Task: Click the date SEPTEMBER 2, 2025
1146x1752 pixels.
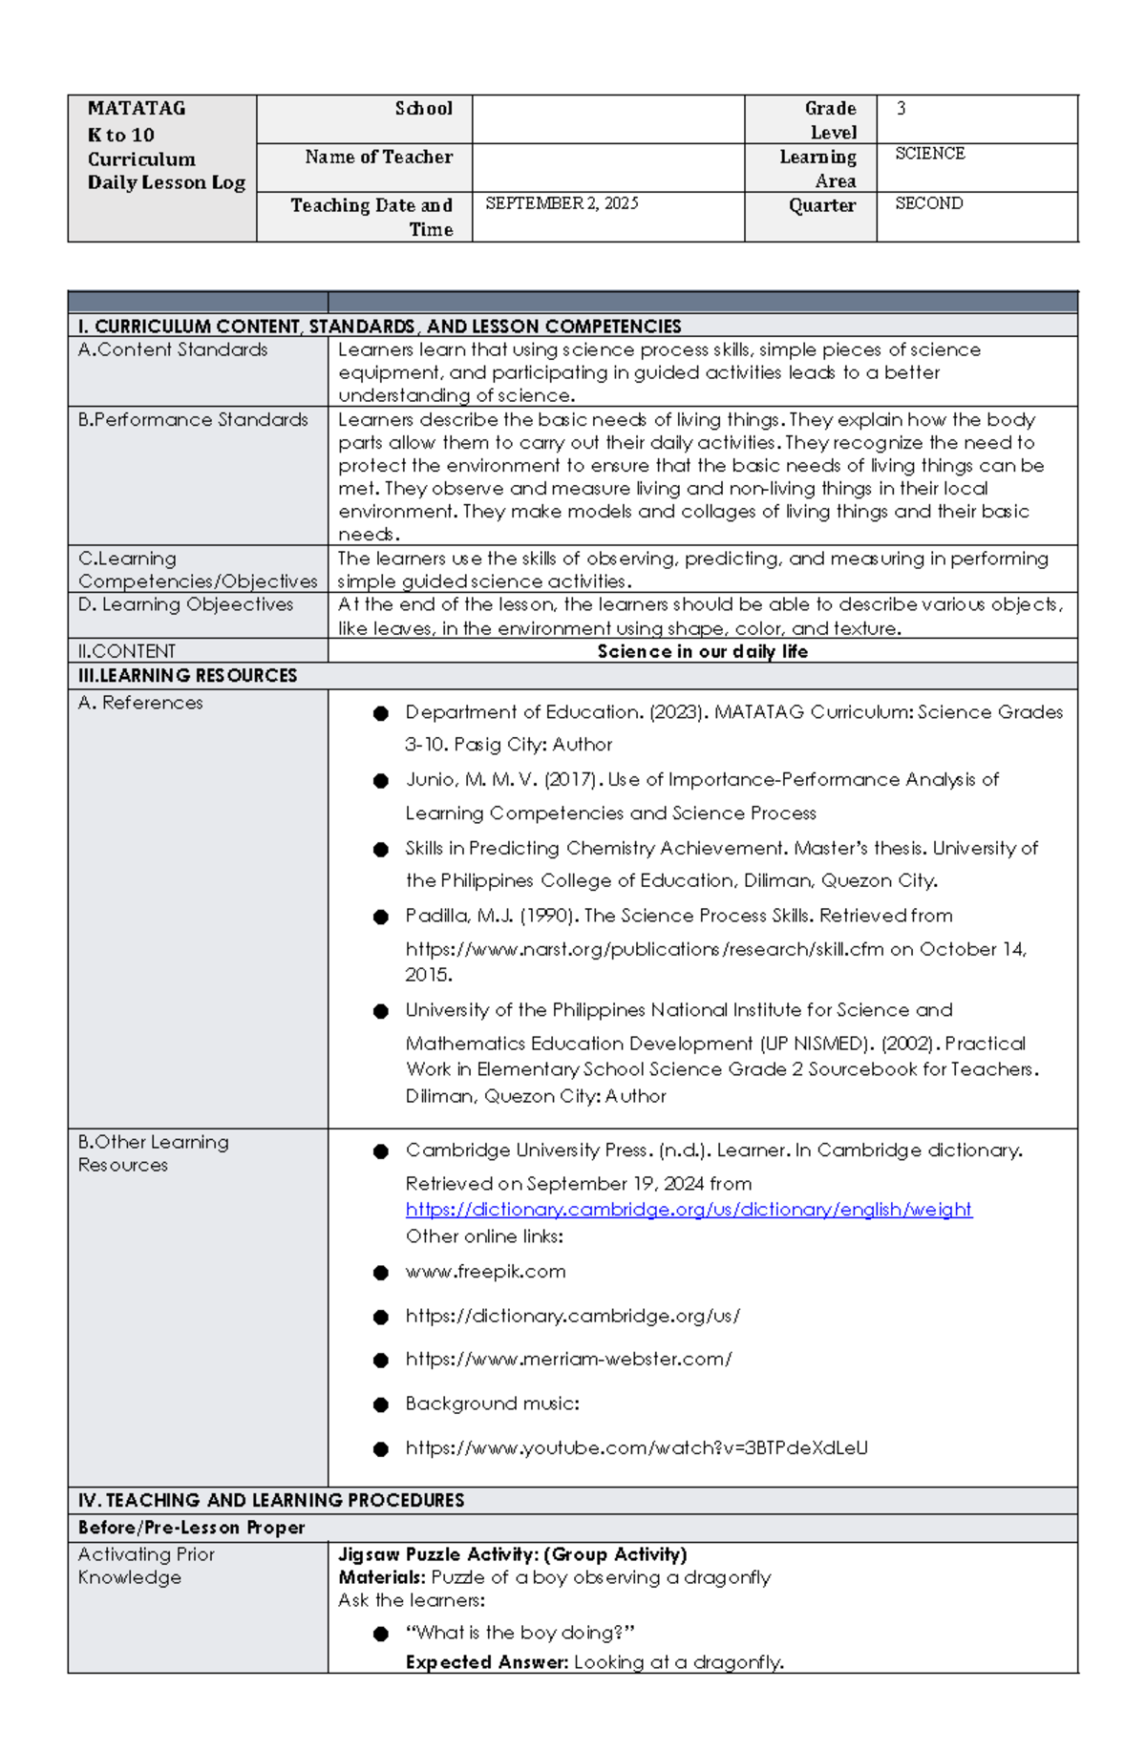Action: pos(562,203)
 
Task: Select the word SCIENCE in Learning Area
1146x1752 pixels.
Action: pos(929,154)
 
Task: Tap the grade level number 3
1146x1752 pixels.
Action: pos(901,109)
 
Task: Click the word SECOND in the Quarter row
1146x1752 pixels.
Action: pos(928,203)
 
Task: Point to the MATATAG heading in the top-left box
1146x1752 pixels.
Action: pos(137,109)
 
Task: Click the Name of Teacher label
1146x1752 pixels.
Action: pos(378,157)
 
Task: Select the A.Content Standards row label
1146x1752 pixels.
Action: pos(173,349)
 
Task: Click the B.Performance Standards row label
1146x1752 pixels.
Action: pos(193,419)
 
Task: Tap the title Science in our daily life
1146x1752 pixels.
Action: pos(702,651)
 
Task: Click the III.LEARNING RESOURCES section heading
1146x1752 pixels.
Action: pos(187,675)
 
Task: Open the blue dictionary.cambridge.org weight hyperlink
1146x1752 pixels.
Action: pos(688,1209)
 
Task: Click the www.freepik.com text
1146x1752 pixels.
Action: pos(485,1271)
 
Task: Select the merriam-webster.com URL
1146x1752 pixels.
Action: pos(568,1359)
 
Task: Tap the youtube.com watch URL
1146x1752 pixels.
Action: pos(636,1447)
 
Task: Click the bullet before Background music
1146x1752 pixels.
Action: pos(381,1404)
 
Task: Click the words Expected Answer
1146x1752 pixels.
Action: pos(486,1662)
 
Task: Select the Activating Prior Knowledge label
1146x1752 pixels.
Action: pos(145,1566)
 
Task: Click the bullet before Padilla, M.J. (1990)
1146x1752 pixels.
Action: pos(381,917)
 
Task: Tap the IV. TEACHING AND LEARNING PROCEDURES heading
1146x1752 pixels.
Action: pos(271,1500)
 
